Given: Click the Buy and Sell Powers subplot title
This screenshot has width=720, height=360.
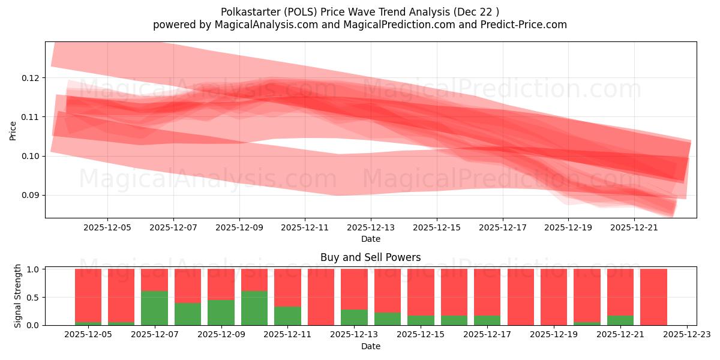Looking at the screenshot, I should (370, 257).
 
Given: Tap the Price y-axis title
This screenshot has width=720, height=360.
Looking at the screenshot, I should (13, 130).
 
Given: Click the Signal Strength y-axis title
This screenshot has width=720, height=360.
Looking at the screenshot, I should (17, 296).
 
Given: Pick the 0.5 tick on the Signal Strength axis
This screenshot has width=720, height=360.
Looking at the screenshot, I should (34, 297).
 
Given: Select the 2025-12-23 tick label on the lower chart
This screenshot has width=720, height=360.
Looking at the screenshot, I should (686, 335).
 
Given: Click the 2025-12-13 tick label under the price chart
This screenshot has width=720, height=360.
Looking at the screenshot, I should (370, 227).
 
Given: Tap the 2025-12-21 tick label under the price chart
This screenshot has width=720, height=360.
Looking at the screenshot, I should (634, 227).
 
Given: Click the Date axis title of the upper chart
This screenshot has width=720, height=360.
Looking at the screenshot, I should (370, 239).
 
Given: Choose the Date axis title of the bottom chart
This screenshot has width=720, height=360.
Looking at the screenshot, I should (370, 346).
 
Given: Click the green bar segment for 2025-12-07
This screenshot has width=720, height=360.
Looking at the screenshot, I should (154, 308).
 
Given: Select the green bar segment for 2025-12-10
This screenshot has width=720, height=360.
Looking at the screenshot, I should (254, 308).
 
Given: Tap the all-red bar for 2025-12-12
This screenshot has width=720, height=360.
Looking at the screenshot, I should (321, 297).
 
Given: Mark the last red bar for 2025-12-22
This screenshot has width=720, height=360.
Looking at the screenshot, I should (653, 297).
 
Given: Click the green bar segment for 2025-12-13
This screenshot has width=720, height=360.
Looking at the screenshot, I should (354, 317).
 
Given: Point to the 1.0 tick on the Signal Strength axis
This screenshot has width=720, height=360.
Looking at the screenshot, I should (34, 269).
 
